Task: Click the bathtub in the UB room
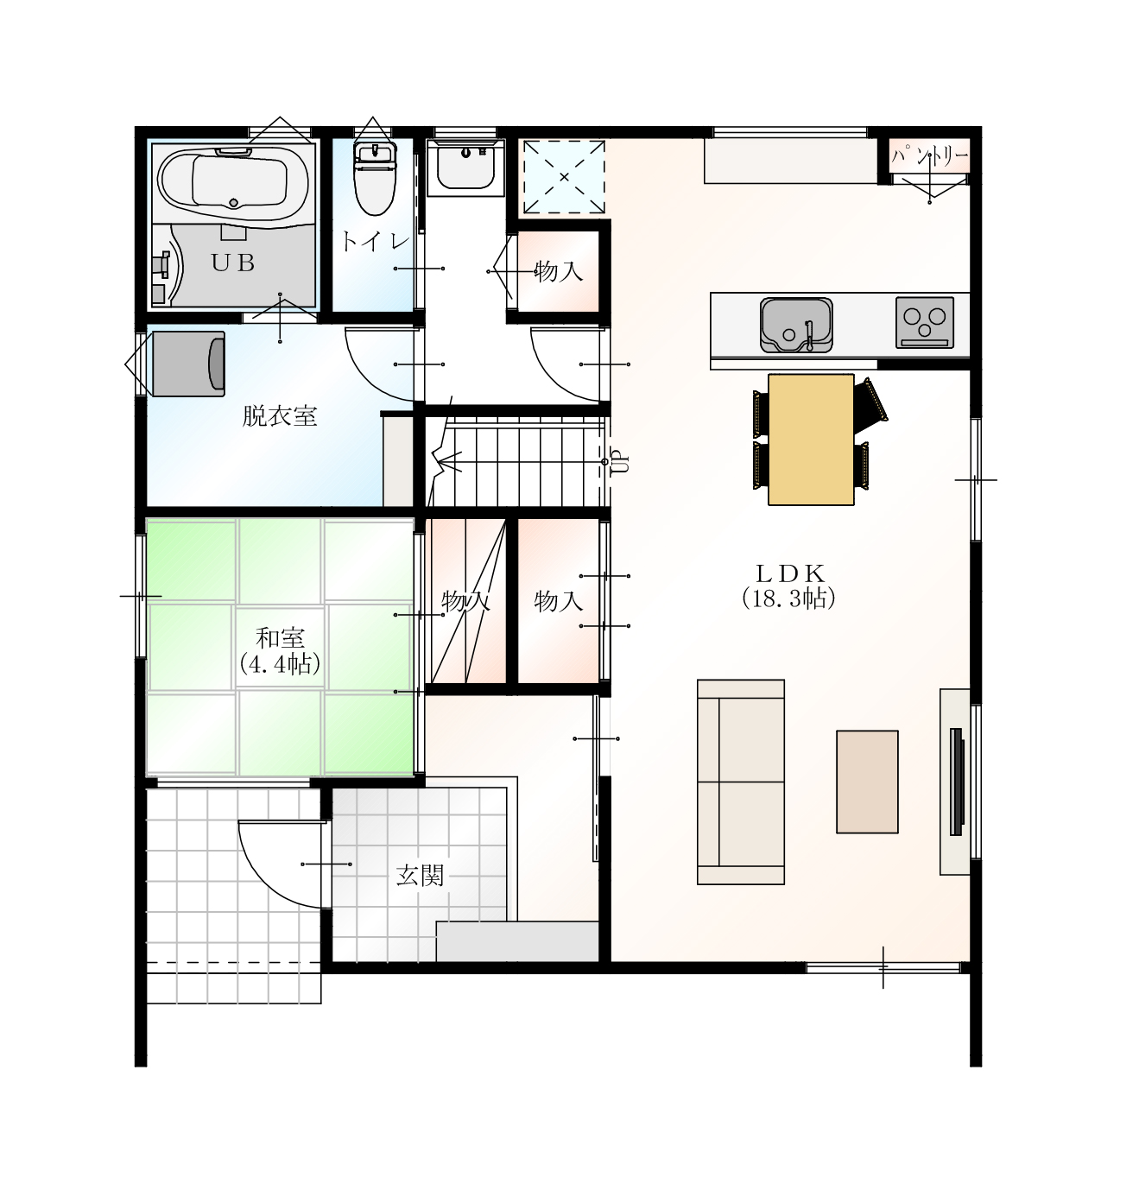click(x=233, y=181)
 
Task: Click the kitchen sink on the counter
click(x=796, y=325)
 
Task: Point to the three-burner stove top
click(x=924, y=322)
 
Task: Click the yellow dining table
click(x=811, y=440)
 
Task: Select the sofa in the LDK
click(x=740, y=782)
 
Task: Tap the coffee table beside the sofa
click(x=867, y=782)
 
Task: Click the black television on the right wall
click(x=957, y=782)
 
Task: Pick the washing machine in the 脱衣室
click(x=188, y=364)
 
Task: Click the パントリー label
click(x=929, y=157)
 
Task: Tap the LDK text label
click(x=789, y=573)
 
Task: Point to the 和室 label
click(x=280, y=638)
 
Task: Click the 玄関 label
click(x=420, y=876)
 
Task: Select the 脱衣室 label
click(x=280, y=416)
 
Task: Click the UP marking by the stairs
click(x=619, y=461)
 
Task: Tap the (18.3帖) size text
click(x=788, y=599)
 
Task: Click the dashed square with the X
click(x=564, y=177)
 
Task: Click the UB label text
click(x=232, y=263)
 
